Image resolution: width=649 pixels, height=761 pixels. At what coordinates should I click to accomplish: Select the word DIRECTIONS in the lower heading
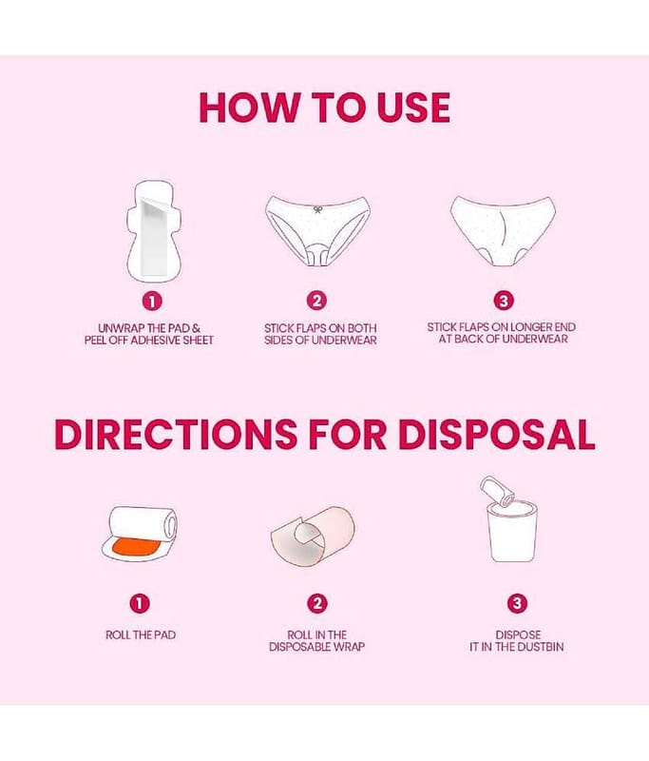tap(176, 434)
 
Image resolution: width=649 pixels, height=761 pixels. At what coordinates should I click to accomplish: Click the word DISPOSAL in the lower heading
tap(496, 434)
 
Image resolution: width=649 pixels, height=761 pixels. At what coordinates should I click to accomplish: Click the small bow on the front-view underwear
tap(318, 209)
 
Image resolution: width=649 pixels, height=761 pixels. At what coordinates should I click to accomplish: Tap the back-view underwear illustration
tap(503, 231)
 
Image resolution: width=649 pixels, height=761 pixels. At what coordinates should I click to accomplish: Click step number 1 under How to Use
tap(152, 302)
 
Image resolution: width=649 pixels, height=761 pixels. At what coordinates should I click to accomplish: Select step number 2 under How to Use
tap(316, 301)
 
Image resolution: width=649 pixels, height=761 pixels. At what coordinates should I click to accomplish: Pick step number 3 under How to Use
tap(503, 301)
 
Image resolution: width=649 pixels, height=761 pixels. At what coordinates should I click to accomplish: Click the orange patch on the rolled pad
tap(132, 548)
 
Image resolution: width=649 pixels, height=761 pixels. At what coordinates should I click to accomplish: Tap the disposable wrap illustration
tap(313, 536)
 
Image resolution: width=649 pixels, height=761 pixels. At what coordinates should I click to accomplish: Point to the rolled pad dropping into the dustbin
tap(497, 490)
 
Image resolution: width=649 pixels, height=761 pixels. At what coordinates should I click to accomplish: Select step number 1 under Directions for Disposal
tap(140, 604)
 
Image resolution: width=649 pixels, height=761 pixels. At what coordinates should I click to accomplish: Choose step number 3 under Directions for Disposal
tap(517, 603)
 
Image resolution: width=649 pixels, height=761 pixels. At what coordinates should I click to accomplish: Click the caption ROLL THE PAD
tap(141, 634)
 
